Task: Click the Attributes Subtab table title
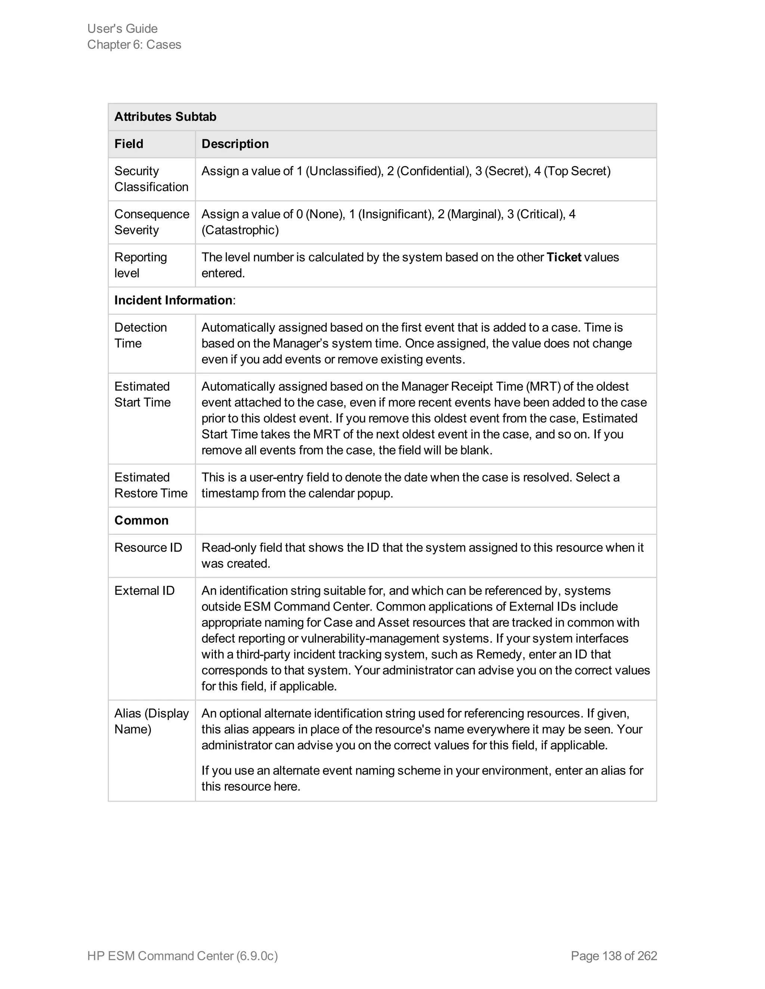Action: click(165, 117)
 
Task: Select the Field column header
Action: click(129, 144)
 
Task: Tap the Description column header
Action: click(235, 144)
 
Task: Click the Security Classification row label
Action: click(151, 179)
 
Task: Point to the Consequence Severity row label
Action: click(151, 222)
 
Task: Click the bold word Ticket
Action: click(563, 257)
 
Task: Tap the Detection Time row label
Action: click(140, 335)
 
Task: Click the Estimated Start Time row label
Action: click(142, 394)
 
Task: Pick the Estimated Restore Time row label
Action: click(151, 485)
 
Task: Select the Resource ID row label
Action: click(148, 547)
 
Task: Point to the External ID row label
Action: click(144, 590)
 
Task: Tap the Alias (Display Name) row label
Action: click(151, 721)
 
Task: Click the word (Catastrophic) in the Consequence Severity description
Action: click(240, 230)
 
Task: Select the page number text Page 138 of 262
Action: click(614, 955)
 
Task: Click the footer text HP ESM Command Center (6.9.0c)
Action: click(182, 955)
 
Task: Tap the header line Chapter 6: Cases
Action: click(134, 44)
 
